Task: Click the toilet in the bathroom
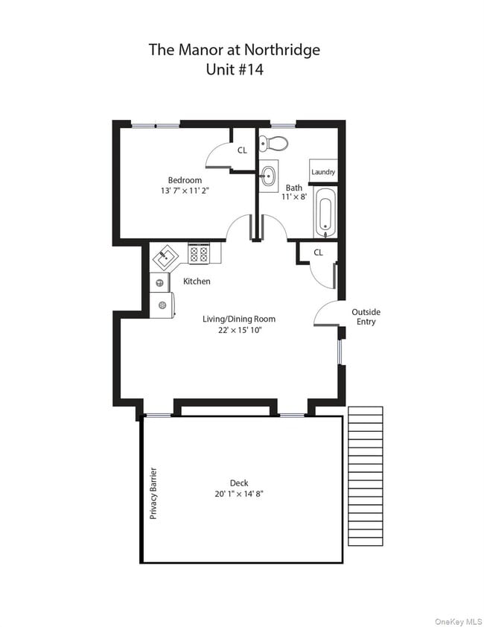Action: tap(274, 143)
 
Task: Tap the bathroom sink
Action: tap(268, 176)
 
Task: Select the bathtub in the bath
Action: tap(326, 212)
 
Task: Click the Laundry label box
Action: tap(323, 172)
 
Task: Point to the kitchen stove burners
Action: tap(199, 254)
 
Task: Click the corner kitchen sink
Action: tap(166, 258)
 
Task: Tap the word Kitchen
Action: tap(197, 281)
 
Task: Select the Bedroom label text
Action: tap(185, 180)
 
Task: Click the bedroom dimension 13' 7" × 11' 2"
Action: tap(185, 191)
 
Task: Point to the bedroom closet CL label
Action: tap(242, 150)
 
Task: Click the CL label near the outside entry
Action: tap(318, 252)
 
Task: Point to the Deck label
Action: tap(239, 483)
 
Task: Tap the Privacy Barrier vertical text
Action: tap(153, 493)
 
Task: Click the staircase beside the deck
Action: tap(365, 476)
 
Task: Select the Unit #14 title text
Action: tap(235, 71)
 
